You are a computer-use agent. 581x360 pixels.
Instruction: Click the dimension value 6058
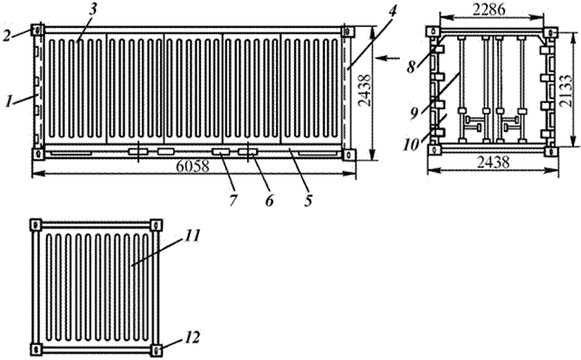click(x=192, y=166)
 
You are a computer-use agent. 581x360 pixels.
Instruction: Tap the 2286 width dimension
click(x=489, y=9)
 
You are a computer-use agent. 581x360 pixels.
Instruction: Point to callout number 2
click(x=8, y=35)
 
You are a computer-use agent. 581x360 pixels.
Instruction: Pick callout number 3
click(x=92, y=9)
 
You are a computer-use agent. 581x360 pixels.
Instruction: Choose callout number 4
click(x=392, y=9)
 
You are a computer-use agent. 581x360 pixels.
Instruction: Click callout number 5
click(x=309, y=201)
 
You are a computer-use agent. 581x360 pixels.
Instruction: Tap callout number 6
click(x=270, y=201)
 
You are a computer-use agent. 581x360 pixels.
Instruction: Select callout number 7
click(x=233, y=201)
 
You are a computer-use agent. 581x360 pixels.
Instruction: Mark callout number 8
click(x=411, y=68)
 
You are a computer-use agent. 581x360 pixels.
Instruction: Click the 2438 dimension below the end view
click(x=493, y=163)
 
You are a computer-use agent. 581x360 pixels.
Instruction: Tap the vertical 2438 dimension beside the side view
click(x=365, y=90)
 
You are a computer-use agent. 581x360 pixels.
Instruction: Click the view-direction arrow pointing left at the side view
click(x=388, y=58)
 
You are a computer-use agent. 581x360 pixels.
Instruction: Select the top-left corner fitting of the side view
click(x=38, y=30)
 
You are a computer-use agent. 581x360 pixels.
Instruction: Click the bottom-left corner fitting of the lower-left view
click(x=36, y=349)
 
